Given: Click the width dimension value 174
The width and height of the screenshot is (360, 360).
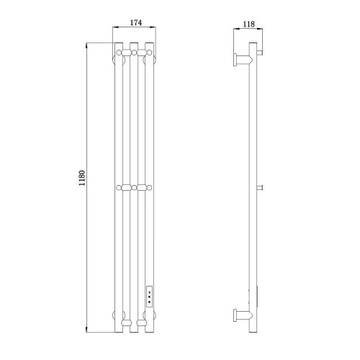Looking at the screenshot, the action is (136, 22).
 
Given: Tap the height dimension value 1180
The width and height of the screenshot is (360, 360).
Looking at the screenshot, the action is (82, 178).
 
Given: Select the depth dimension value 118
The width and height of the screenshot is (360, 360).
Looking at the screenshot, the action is (248, 24).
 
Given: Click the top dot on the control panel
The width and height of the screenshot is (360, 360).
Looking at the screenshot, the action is (149, 292).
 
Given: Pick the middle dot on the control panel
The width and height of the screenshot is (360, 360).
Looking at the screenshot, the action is (149, 297).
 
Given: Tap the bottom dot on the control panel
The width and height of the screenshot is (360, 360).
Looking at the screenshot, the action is (149, 302).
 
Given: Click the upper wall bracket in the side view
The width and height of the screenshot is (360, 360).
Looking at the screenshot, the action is (243, 59).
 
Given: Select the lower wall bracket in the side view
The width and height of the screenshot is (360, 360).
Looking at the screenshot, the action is (243, 315).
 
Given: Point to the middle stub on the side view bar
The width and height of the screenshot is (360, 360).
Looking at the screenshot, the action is (260, 188).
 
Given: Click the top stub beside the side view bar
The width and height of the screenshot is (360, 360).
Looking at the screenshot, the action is (260, 52).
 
